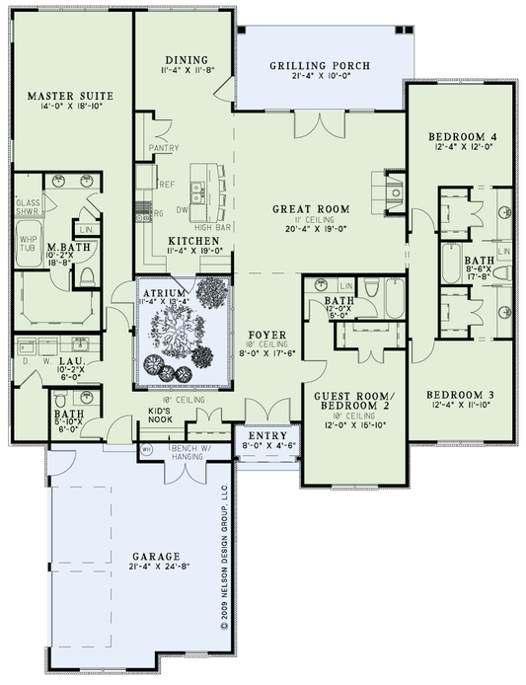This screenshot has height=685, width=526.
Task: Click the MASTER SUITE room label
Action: tap(69, 96)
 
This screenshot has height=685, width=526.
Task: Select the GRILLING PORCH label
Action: tap(320, 66)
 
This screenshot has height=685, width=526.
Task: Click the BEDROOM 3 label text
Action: tap(459, 397)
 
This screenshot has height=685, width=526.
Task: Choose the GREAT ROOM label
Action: tap(313, 208)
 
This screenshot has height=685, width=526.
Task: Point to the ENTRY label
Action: tap(263, 435)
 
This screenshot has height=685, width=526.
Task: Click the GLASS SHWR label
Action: tap(28, 204)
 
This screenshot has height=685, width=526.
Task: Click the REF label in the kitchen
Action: tap(167, 185)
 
